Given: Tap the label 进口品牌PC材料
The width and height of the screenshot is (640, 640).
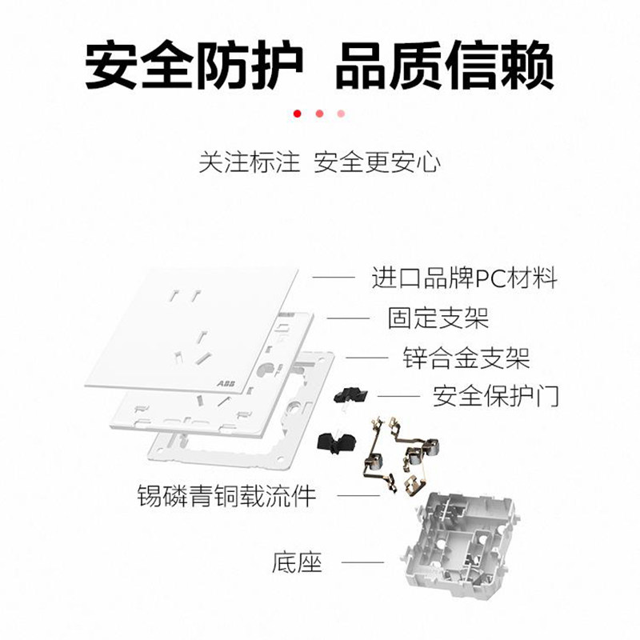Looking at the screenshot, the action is (x=464, y=278).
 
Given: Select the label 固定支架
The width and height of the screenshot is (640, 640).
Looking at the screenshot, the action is (x=438, y=318).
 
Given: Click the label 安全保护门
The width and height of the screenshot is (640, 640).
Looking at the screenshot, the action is (x=495, y=395).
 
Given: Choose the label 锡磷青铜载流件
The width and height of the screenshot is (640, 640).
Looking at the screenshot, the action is (x=226, y=495).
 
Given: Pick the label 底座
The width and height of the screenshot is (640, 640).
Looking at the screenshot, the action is (x=297, y=562).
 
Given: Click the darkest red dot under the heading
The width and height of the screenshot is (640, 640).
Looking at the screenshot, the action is (x=298, y=114).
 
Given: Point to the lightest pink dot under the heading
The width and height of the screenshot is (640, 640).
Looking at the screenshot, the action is (x=342, y=114).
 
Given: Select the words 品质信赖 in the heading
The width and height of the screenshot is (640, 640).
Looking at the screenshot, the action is (x=445, y=66).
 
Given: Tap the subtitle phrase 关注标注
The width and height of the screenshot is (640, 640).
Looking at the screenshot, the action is (x=249, y=162).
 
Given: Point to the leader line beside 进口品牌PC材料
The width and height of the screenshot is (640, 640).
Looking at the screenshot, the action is (x=333, y=278).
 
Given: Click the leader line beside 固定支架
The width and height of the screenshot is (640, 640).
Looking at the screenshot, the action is (x=349, y=318).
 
